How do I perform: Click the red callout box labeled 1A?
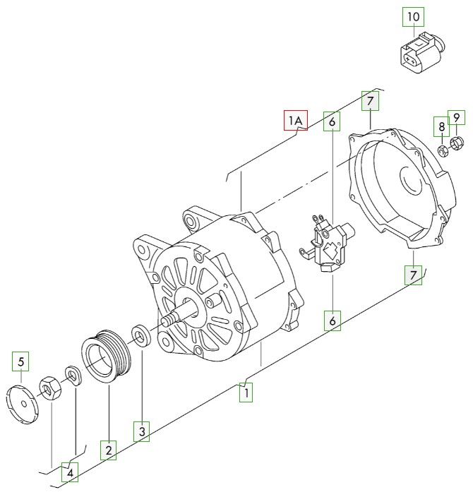(296, 121)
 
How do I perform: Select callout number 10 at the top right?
(414, 16)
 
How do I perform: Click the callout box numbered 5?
(21, 362)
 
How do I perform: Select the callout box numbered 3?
(142, 431)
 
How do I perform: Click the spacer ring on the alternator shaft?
(140, 335)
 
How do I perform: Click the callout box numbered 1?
(246, 392)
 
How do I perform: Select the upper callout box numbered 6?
(332, 122)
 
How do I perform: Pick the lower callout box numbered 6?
(332, 321)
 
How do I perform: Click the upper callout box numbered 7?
(370, 102)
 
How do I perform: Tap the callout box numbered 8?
(441, 127)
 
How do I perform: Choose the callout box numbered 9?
(456, 118)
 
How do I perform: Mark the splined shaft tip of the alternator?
(168, 321)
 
